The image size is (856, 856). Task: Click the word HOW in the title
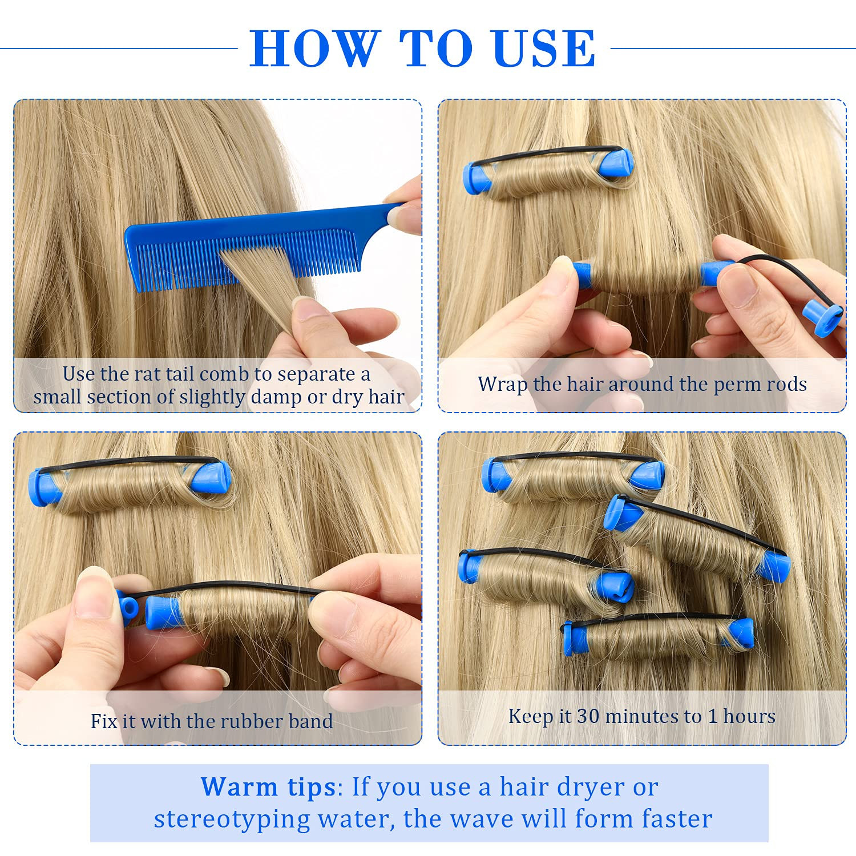click(x=314, y=48)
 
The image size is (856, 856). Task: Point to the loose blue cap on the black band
click(x=822, y=318)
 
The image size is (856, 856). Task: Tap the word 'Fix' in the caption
click(x=104, y=721)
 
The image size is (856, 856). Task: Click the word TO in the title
click(x=435, y=48)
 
